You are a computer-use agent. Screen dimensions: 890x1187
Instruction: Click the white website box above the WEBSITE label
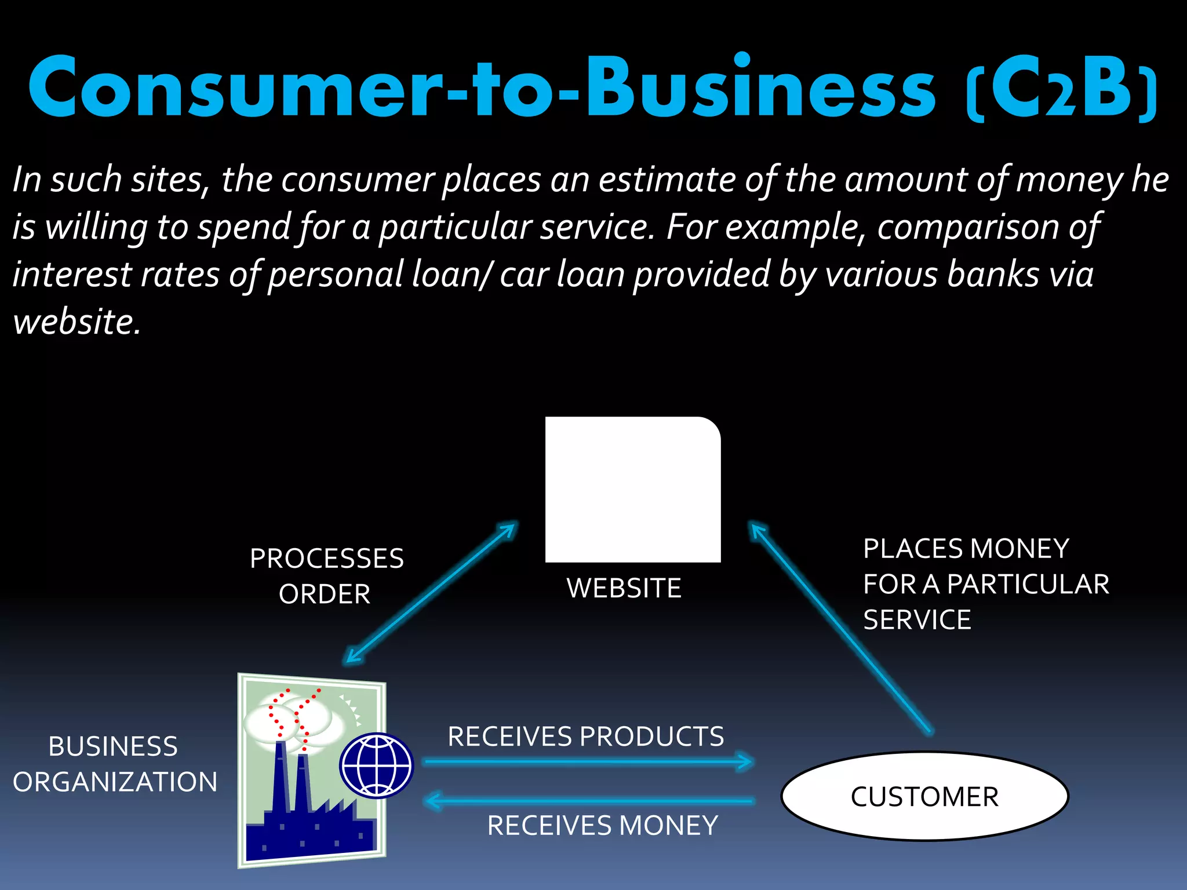[633, 490]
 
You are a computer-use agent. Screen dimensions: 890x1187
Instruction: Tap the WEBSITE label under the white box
[624, 588]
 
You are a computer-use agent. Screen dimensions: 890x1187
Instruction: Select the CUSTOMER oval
[924, 796]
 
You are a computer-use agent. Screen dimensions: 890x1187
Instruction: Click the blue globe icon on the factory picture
[377, 765]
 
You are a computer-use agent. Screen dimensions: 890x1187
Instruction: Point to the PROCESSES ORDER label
[326, 576]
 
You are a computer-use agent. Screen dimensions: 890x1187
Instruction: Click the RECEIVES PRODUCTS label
[585, 736]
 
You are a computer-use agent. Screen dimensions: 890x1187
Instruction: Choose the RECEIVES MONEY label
[603, 825]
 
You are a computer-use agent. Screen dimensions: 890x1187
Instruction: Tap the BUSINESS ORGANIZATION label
[115, 764]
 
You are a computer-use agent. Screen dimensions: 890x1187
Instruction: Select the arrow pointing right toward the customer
[588, 762]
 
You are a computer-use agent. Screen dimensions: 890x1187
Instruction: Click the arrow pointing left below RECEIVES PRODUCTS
[588, 801]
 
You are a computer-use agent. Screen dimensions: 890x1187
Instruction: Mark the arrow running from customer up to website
[840, 629]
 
